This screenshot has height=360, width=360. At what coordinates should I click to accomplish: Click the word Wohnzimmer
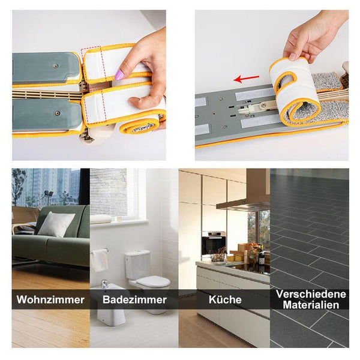click(50, 299)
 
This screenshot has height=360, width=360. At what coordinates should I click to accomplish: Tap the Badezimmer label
click(134, 299)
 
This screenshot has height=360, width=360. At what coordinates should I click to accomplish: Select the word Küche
click(225, 299)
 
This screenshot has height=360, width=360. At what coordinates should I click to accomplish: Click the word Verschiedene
click(311, 294)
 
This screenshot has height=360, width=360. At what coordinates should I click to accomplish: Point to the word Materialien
click(311, 305)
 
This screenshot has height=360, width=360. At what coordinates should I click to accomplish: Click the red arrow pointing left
click(247, 79)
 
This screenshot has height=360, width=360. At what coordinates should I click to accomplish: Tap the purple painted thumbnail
click(119, 74)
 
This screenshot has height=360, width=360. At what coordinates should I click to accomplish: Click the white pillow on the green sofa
click(56, 224)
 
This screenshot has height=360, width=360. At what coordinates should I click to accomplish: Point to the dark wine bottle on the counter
click(261, 256)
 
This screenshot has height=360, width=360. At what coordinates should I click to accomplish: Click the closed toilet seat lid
click(153, 281)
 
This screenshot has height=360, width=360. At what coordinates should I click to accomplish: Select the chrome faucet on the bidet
click(104, 284)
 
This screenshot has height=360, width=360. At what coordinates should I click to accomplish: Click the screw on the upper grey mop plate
click(55, 66)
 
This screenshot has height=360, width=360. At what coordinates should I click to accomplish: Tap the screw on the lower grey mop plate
click(57, 113)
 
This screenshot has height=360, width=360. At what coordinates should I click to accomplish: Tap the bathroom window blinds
click(109, 193)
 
